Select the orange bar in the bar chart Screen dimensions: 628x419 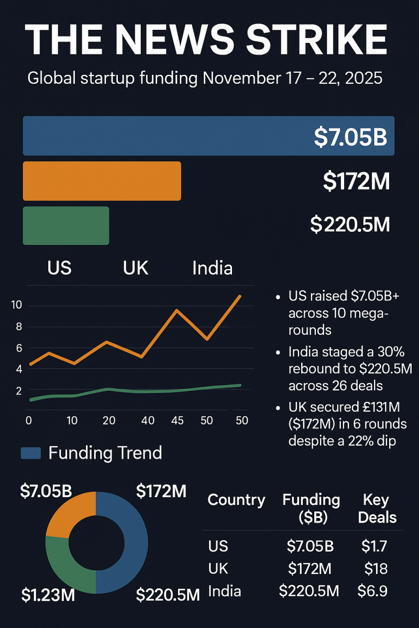click(102, 181)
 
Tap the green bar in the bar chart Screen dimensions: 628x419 click(66, 226)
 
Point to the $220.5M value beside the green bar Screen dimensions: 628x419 click(350, 225)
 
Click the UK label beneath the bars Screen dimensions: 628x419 click(136, 268)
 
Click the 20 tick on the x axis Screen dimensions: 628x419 click(108, 420)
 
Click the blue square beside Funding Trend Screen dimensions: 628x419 click(30, 453)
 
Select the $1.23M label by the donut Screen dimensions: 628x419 click(48, 595)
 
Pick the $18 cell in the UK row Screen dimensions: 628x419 click(376, 569)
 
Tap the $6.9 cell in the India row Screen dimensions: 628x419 click(372, 591)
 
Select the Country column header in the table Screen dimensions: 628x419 click(236, 500)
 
